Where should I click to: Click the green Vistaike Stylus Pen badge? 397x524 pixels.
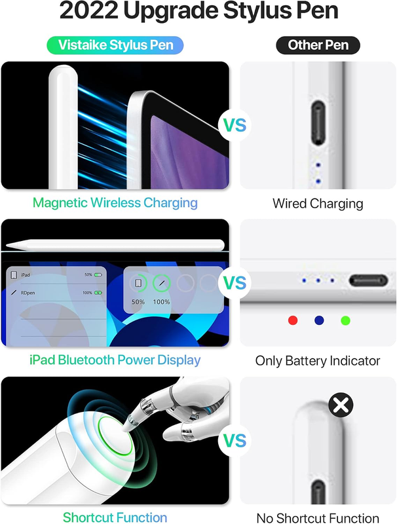[x=115, y=45]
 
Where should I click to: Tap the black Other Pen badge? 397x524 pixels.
[x=318, y=45]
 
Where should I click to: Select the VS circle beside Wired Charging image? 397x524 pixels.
[x=235, y=125]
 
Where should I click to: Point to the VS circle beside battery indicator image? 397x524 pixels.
[x=235, y=283]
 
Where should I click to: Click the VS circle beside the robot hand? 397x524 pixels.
[x=235, y=440]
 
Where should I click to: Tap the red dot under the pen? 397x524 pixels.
[x=293, y=320]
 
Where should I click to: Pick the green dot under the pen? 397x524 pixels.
[x=345, y=320]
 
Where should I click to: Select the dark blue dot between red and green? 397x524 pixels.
[x=319, y=320]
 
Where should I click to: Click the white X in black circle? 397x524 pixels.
[x=341, y=405]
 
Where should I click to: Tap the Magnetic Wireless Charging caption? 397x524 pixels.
[x=115, y=203]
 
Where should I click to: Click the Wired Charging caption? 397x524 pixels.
[x=318, y=204]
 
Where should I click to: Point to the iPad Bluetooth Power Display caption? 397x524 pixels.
[x=115, y=360]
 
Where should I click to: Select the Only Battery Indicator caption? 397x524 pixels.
[x=318, y=361]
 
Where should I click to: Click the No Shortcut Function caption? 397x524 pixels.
[x=318, y=518]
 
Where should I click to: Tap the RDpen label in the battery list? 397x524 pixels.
[x=28, y=293]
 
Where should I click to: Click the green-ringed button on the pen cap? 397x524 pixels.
[x=115, y=436]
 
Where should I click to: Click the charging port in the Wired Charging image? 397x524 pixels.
[x=318, y=122]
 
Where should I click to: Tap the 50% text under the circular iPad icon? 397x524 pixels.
[x=138, y=302]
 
